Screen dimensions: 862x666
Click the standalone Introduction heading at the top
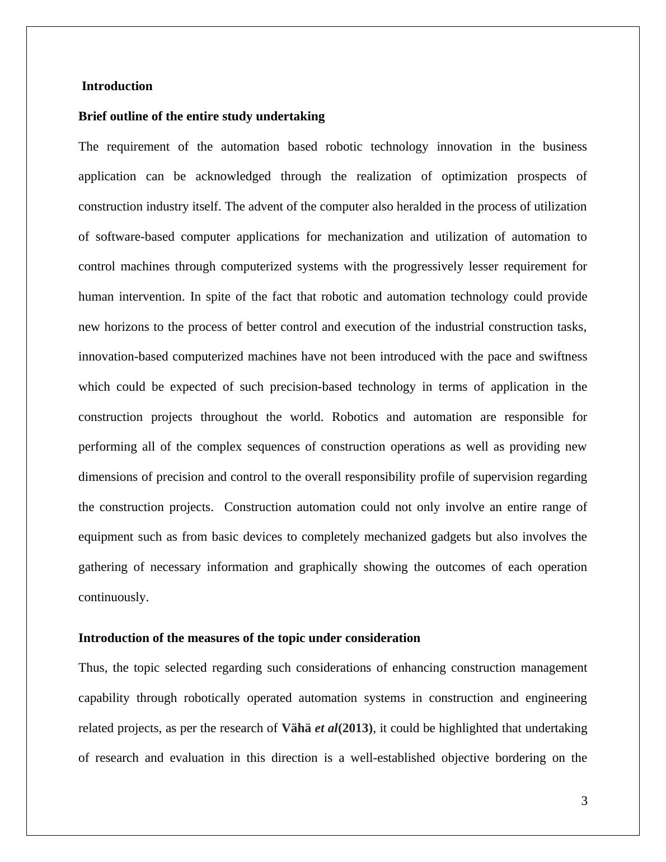(x=117, y=86)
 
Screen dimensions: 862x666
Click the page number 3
(x=584, y=801)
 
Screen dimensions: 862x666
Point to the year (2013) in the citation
(x=355, y=728)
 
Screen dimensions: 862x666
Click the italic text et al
(x=326, y=728)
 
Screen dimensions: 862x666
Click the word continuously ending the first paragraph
(x=113, y=597)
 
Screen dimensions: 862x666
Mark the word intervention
(x=151, y=297)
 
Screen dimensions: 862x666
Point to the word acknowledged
(x=233, y=176)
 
